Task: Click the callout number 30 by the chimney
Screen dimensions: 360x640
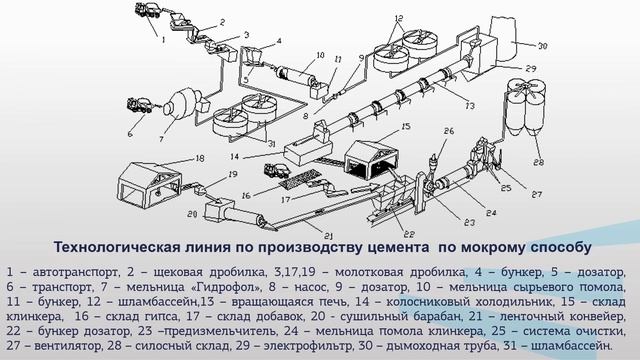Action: (543, 46)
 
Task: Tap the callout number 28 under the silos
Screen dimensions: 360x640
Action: (541, 162)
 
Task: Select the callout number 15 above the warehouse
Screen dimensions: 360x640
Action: (407, 128)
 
